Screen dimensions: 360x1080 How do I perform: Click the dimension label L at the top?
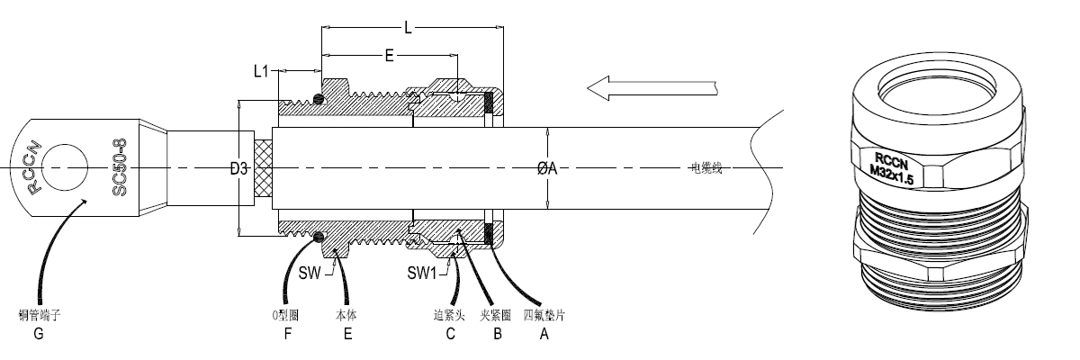tap(408, 28)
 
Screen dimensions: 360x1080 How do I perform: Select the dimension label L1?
tap(261, 69)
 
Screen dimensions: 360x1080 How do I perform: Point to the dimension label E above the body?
tap(389, 56)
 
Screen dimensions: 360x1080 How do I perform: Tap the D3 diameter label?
tap(238, 168)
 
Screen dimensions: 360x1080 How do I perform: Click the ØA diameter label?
tap(547, 168)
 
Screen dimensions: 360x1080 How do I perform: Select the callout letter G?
tap(38, 333)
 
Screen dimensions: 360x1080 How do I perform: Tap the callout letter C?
tap(450, 333)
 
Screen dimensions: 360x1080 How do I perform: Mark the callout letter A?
tap(543, 333)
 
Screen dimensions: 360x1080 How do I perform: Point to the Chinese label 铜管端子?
tap(39, 315)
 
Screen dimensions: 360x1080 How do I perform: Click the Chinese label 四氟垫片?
tap(543, 315)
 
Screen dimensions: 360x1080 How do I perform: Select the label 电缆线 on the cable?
tap(706, 168)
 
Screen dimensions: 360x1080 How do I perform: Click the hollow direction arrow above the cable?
tap(648, 87)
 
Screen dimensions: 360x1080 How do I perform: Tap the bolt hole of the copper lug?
tap(62, 168)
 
